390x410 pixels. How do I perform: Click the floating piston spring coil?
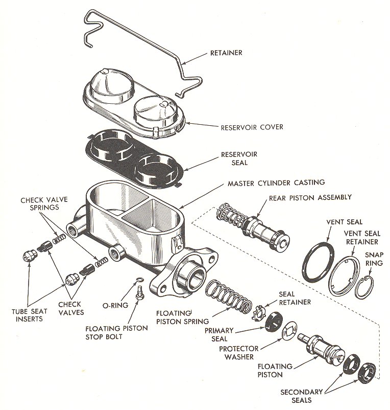(x=228, y=298)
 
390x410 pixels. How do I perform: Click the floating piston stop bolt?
(x=138, y=293)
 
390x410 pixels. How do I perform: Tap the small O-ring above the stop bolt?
(x=139, y=280)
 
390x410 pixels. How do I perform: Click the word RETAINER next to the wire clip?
(x=230, y=53)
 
